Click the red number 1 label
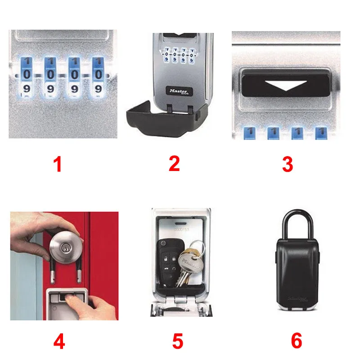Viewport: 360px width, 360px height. [x=58, y=164]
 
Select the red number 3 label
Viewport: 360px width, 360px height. [x=288, y=164]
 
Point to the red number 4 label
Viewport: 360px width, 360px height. [x=59, y=341]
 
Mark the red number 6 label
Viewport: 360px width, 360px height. [x=297, y=341]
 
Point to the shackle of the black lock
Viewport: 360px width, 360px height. [x=297, y=225]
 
